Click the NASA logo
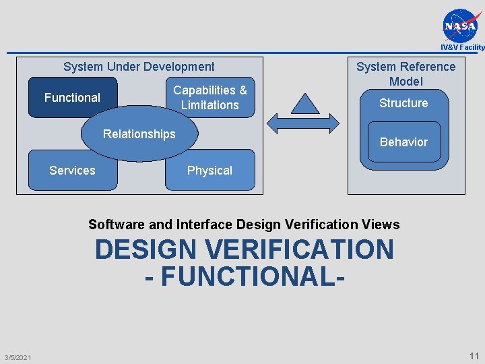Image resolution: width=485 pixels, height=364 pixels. [x=461, y=26]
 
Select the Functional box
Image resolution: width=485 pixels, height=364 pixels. [x=72, y=98]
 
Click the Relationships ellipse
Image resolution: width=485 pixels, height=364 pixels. [x=139, y=135]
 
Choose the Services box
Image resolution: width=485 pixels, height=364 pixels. [x=72, y=171]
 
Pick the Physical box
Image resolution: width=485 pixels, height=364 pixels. [x=209, y=171]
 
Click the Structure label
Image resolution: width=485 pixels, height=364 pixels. [x=403, y=103]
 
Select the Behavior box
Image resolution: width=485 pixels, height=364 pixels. [x=403, y=143]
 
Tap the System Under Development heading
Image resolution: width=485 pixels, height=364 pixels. [x=139, y=67]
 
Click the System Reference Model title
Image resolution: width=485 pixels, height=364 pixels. [x=406, y=73]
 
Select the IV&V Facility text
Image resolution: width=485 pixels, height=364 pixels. [x=462, y=47]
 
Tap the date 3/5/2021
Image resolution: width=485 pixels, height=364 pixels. [x=18, y=357]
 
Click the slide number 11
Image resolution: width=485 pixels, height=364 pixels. [x=474, y=356]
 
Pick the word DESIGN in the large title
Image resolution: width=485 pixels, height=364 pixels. [x=145, y=249]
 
